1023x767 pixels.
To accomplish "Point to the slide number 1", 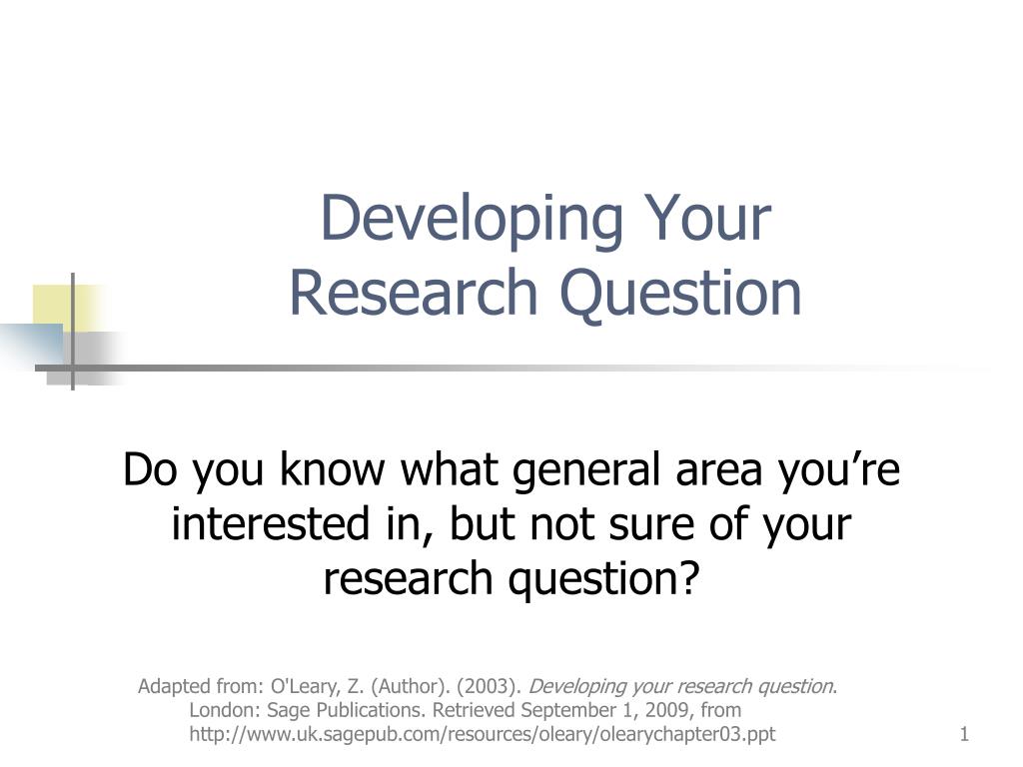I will click(964, 735).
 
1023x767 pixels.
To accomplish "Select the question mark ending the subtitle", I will click(687, 577).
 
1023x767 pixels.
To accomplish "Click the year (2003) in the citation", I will click(490, 686).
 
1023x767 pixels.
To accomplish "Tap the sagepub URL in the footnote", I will click(483, 735).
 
